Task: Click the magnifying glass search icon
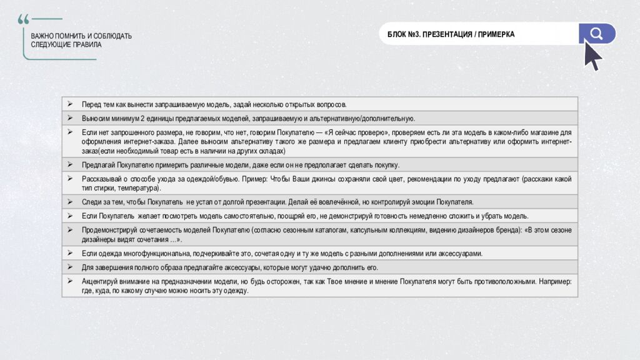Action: point(597,34)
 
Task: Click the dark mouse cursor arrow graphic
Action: point(592,56)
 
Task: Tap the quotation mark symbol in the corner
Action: point(24,19)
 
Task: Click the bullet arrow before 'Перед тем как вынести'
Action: point(70,104)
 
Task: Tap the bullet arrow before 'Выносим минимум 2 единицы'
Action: point(70,118)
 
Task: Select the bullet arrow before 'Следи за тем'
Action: point(70,202)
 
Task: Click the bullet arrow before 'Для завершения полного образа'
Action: point(70,267)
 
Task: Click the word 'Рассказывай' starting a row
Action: point(100,179)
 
